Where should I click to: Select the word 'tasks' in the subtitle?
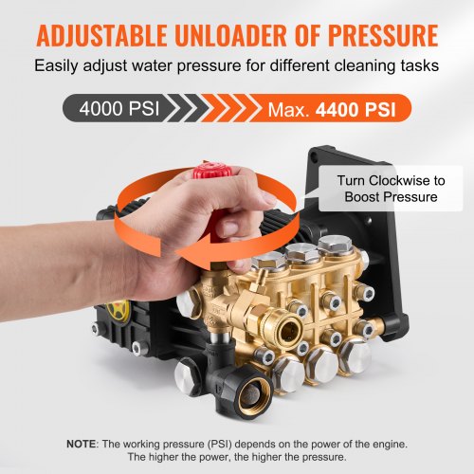[417, 67]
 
